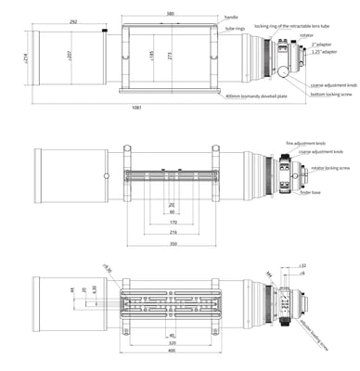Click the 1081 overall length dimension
(x=137, y=109)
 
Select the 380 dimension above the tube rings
(x=171, y=14)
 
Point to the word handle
(x=230, y=17)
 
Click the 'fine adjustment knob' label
(x=307, y=144)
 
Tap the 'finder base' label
(x=309, y=193)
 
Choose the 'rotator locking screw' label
(x=330, y=169)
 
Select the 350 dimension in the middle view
(x=172, y=244)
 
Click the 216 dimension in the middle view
(x=172, y=233)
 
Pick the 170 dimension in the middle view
(x=172, y=223)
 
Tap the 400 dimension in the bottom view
(x=172, y=352)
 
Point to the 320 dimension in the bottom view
(x=172, y=342)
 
